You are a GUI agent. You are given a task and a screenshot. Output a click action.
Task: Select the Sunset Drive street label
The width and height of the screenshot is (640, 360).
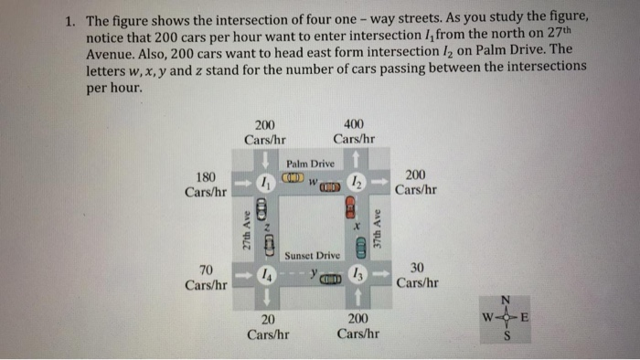[312, 255]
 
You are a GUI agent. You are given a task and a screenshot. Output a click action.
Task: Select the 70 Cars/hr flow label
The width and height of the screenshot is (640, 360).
[206, 276]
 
